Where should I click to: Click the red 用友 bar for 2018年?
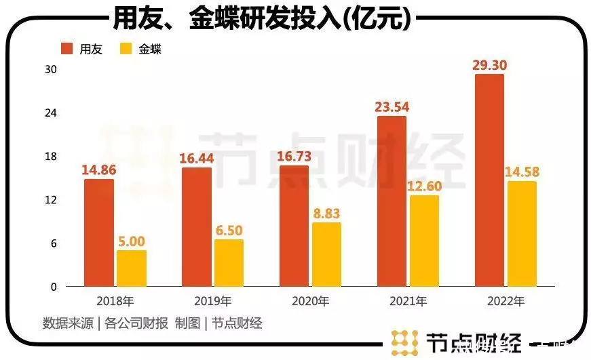coord(99,233)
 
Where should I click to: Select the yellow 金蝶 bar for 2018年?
coord(131,268)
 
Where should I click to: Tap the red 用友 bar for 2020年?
coord(294,226)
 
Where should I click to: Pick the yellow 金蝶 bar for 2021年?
coord(424,241)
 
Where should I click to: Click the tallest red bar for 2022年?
coord(489,180)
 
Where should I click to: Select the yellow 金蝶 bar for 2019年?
coord(229,263)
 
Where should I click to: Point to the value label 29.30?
coord(490,65)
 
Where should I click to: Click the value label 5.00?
coord(132,241)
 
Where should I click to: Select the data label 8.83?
coord(326,213)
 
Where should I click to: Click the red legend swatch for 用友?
coord(66,49)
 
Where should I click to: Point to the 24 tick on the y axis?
coord(51,113)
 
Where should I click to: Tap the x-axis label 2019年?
coord(213,301)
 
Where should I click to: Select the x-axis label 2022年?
coord(506,301)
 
